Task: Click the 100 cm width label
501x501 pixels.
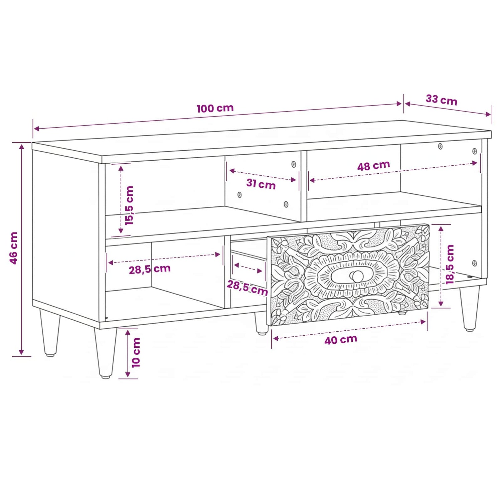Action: [x=215, y=108]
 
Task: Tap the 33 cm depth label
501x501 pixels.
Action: [x=441, y=100]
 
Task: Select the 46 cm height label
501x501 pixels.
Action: [x=14, y=248]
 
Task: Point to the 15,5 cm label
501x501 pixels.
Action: [x=129, y=205]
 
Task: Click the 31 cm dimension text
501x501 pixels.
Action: [x=261, y=184]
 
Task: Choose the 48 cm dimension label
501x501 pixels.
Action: [x=373, y=166]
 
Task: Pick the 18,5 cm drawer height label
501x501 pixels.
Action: [x=450, y=265]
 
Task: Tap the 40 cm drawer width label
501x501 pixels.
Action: [x=341, y=340]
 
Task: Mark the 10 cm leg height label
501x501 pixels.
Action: [x=136, y=352]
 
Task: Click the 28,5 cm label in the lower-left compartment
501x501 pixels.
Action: [x=150, y=269]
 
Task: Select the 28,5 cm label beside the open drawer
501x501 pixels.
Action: [x=247, y=288]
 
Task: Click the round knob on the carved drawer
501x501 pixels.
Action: [x=357, y=276]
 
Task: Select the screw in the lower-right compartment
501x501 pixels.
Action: [x=475, y=263]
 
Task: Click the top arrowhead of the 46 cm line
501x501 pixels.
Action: [x=22, y=146]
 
